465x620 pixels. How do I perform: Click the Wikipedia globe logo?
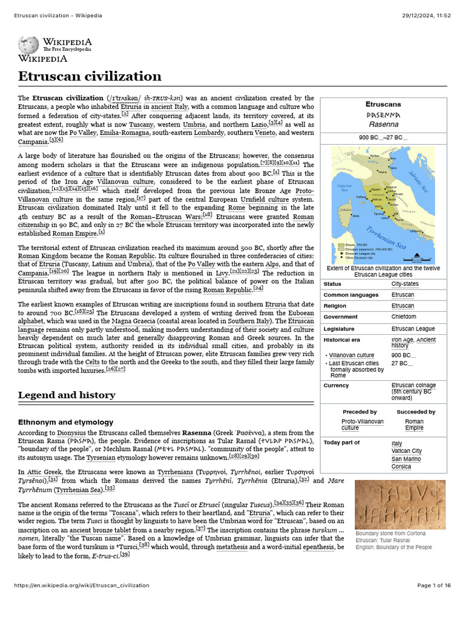point(28,45)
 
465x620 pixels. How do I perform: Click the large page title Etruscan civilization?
point(90,76)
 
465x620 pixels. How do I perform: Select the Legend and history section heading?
point(67,395)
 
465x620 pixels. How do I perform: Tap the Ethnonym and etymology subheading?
point(65,421)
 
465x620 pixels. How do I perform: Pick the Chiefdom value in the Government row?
point(404,317)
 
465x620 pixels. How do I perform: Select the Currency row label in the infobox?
point(336,385)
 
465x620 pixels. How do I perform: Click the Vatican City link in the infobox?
point(406,450)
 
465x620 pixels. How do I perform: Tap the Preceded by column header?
point(360,412)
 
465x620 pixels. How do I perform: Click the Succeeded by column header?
point(415,412)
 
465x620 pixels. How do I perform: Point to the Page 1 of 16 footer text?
point(434,602)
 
